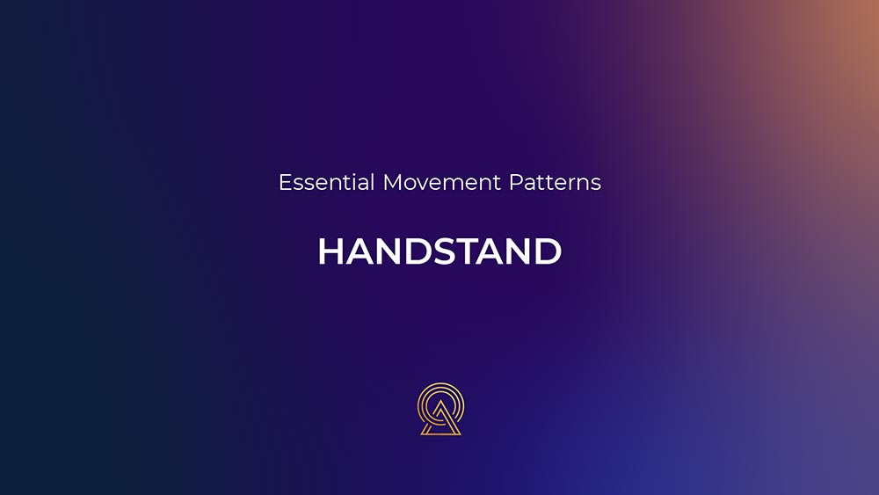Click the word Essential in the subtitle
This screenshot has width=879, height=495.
[x=326, y=182]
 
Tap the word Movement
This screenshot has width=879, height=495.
[x=442, y=183]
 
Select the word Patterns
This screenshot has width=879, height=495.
[x=555, y=183]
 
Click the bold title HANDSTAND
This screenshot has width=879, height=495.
[x=439, y=251]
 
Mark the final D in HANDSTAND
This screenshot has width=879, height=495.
[x=548, y=251]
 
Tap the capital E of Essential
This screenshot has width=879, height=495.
[x=285, y=182]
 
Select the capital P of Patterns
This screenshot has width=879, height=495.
[x=515, y=182]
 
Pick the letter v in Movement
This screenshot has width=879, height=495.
[x=424, y=185]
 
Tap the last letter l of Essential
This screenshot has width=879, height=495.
[x=372, y=182]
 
